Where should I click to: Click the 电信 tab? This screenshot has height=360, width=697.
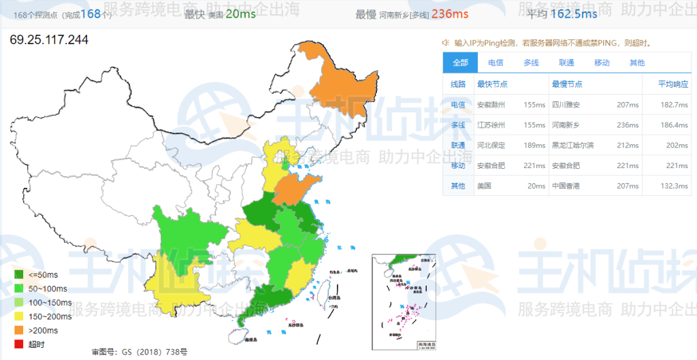pos(496,63)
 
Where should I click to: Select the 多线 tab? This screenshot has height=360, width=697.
pos(531,63)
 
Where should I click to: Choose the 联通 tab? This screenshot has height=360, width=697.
pos(566,63)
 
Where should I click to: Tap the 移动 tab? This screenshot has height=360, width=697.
pos(602,63)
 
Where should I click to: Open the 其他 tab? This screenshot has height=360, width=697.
pos(637,63)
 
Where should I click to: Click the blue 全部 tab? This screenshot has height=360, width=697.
pos(460,63)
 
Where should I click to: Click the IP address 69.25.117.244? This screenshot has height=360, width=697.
pos(49,39)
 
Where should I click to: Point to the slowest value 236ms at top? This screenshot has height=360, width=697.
pos(450,14)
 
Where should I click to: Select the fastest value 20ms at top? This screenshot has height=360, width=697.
pos(241,14)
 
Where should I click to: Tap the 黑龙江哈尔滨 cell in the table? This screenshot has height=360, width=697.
pos(573,145)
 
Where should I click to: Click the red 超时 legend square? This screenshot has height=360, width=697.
pos(19,344)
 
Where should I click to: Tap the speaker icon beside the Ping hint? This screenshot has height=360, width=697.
pos(446,43)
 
